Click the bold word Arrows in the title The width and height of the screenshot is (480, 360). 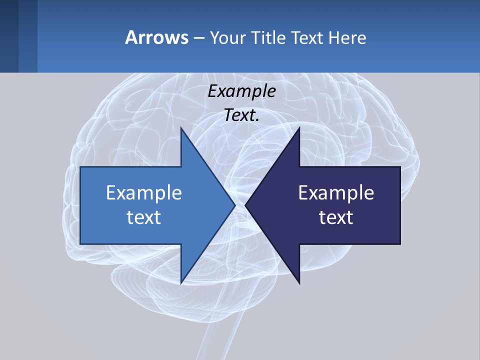(x=156, y=37)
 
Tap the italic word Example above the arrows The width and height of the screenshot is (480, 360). (x=242, y=91)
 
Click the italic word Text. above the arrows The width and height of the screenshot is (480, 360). (x=242, y=115)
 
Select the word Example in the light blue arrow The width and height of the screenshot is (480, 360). (x=144, y=192)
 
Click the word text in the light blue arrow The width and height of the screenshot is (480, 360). (x=144, y=217)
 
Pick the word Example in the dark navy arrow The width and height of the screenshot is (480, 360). (x=336, y=192)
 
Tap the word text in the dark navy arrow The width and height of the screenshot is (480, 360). (x=336, y=217)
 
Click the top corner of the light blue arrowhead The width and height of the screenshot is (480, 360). (x=181, y=128)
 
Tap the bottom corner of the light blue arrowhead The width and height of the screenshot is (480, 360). (x=181, y=282)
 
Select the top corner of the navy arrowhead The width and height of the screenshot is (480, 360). (x=299, y=128)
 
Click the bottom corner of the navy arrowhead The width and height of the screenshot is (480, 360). (x=299, y=282)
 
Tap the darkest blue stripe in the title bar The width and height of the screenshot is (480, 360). (x=9, y=36)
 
